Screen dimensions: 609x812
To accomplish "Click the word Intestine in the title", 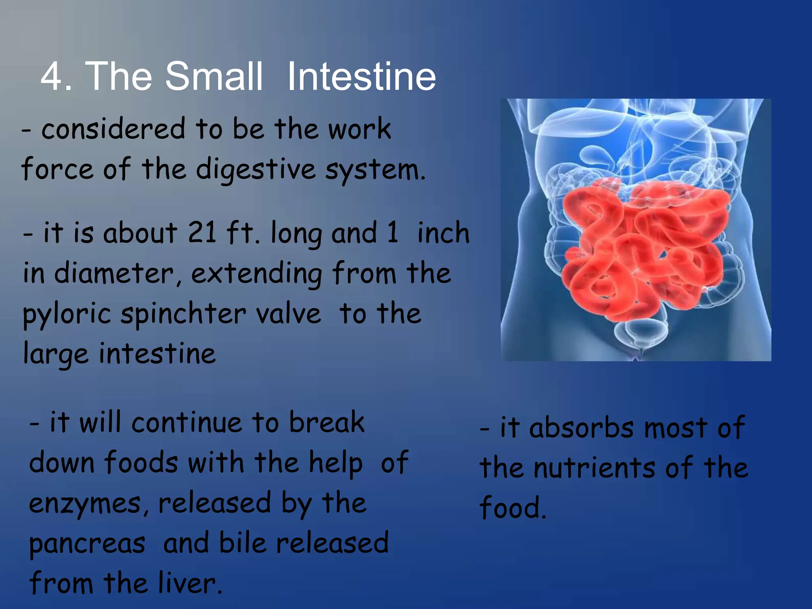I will (361, 76).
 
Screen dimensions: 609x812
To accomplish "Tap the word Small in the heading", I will (214, 76).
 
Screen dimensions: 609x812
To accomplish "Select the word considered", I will (113, 129).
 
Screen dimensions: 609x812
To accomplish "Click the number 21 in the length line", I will (202, 233).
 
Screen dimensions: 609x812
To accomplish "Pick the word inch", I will (443, 233).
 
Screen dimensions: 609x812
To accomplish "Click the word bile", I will (242, 543).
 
